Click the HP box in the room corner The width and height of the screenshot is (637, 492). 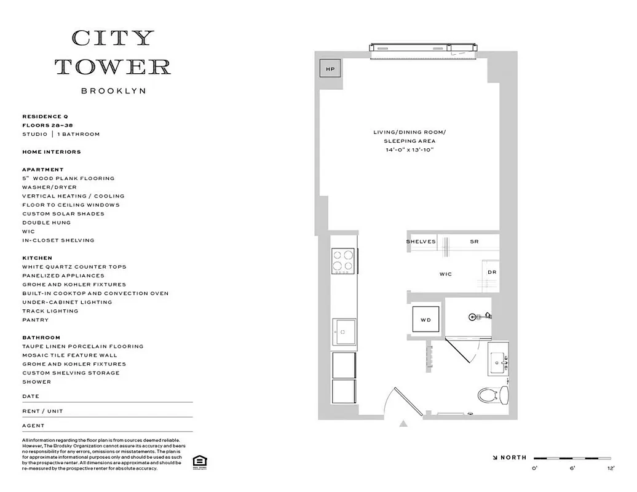pyautogui.click(x=330, y=69)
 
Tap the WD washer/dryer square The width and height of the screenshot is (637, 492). pyautogui.click(x=425, y=320)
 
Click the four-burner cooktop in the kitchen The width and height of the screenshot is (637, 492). pyautogui.click(x=343, y=261)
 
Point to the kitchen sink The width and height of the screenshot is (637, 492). pyautogui.click(x=344, y=333)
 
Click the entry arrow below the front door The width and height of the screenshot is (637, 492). pyautogui.click(x=403, y=423)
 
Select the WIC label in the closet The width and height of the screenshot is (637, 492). pyautogui.click(x=446, y=274)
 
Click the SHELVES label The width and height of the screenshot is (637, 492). pyautogui.click(x=421, y=242)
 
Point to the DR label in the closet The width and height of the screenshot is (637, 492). pyautogui.click(x=492, y=272)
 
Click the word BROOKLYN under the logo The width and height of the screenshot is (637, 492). pyautogui.click(x=113, y=91)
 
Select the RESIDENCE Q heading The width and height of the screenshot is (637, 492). pyautogui.click(x=45, y=116)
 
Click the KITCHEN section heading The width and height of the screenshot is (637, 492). pyautogui.click(x=37, y=258)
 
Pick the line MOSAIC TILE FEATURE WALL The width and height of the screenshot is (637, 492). pyautogui.click(x=69, y=355)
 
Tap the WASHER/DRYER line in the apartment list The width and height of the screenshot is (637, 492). pyautogui.click(x=49, y=187)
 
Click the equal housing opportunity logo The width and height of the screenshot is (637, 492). pyautogui.click(x=199, y=462)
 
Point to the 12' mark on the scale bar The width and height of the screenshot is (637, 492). pyautogui.click(x=610, y=469)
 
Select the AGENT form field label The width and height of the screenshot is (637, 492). pyautogui.click(x=33, y=426)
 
